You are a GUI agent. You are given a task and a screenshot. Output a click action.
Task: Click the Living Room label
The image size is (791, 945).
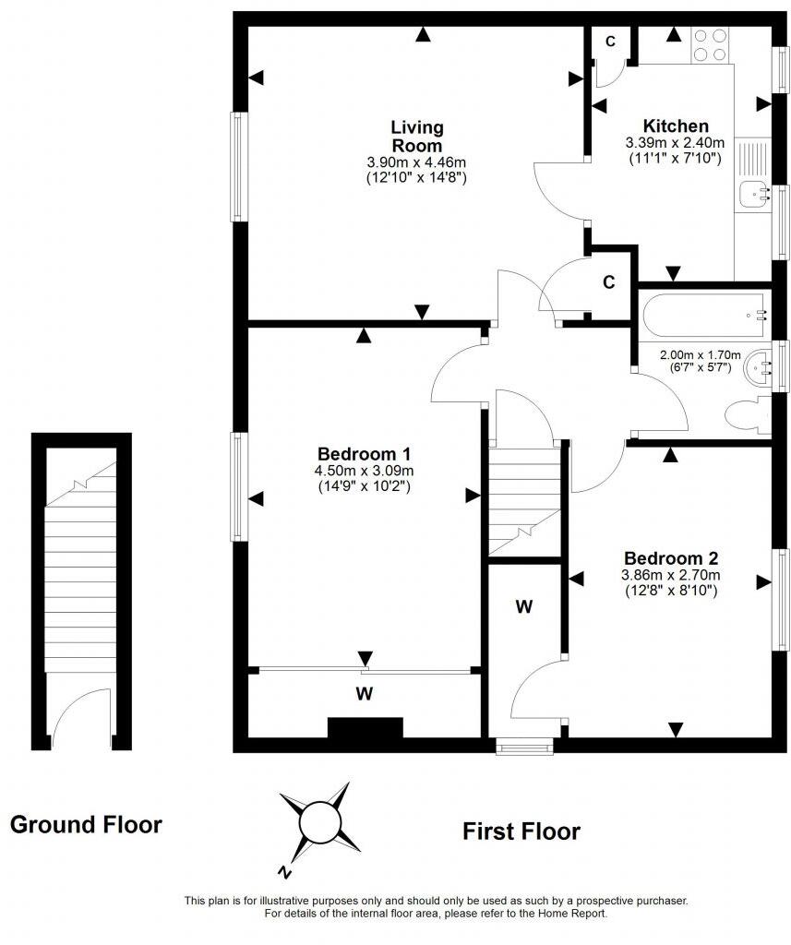[x=416, y=136]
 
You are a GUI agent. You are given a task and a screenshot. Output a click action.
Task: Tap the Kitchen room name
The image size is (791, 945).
[x=676, y=126]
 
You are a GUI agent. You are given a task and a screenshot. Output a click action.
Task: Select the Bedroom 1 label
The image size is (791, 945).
[x=364, y=454]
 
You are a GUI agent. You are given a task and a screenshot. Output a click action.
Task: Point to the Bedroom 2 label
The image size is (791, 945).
[x=671, y=558]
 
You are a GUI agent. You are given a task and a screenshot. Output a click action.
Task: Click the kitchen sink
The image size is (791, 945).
[x=755, y=194]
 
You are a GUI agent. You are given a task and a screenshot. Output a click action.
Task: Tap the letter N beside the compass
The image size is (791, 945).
[x=286, y=870]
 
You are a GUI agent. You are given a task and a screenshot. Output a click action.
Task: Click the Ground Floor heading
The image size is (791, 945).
[x=86, y=824]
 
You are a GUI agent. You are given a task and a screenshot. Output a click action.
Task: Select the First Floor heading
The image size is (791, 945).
[x=521, y=831]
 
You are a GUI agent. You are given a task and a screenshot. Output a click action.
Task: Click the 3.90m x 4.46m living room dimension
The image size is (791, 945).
[x=416, y=161]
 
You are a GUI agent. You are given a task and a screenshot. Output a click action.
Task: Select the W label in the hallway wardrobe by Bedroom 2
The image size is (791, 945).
[x=524, y=606]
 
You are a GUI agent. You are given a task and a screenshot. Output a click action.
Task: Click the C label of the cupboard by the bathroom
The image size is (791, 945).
[x=608, y=283]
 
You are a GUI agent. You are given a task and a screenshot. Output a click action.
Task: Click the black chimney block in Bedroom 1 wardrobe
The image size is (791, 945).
[x=366, y=728]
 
